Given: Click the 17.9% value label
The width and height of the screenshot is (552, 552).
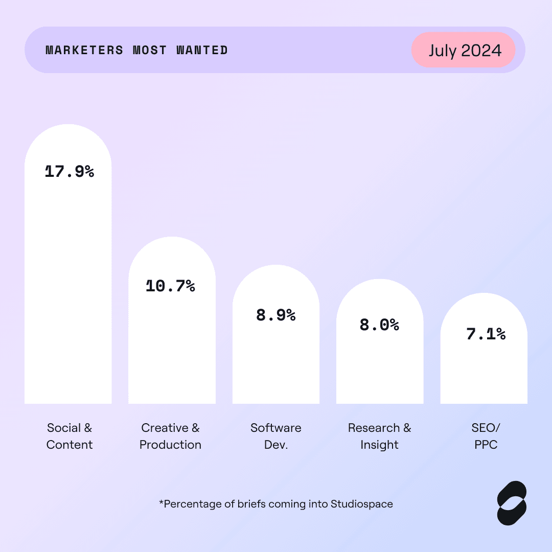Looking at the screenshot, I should (x=70, y=171).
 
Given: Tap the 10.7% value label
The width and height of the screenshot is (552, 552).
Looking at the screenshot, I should (x=170, y=286).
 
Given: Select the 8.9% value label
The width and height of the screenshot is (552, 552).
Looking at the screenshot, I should (x=276, y=315).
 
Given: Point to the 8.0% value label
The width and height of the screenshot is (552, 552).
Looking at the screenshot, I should (x=379, y=325).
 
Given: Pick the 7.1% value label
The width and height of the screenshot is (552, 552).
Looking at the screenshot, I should (x=486, y=334).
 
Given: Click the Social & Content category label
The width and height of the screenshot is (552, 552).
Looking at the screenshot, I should (x=70, y=436).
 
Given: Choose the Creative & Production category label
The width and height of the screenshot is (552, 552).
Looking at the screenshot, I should (x=170, y=436).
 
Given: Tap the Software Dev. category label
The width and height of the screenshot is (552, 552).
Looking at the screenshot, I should (x=276, y=436).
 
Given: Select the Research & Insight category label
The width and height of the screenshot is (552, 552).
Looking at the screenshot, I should (x=379, y=436).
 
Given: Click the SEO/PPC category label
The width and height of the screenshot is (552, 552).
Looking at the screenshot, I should (x=486, y=436).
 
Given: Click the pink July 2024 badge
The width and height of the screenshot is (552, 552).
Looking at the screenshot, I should (x=464, y=50).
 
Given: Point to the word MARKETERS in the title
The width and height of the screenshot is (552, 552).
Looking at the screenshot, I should (x=84, y=50).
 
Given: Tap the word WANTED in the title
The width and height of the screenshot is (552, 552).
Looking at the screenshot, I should (x=202, y=50).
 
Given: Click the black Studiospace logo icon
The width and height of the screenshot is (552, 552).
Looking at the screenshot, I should (x=512, y=503).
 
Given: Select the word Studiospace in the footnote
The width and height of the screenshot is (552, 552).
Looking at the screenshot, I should (x=362, y=504).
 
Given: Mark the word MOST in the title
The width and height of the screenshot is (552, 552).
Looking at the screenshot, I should (x=150, y=50).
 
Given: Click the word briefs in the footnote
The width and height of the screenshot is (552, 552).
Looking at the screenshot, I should (x=251, y=504).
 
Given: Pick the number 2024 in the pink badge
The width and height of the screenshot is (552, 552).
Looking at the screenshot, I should (x=481, y=51).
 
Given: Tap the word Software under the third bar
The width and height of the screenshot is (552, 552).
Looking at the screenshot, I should (x=276, y=428).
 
